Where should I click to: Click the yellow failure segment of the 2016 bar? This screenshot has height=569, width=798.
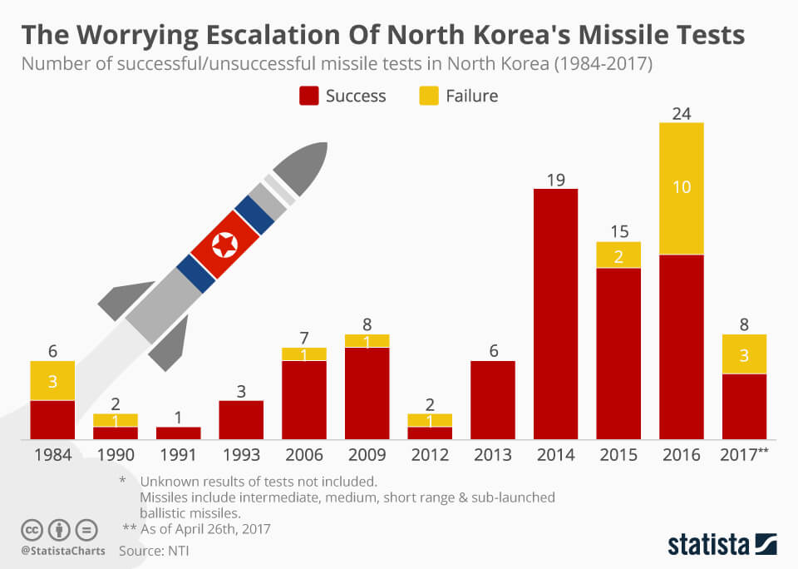pos(682,189)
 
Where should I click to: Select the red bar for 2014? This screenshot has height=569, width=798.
pos(555,314)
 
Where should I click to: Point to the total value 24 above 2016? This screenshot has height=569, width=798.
pos(682,113)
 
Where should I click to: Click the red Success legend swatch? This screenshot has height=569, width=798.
pos(308,96)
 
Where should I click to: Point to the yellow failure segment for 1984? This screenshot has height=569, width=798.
pos(52,380)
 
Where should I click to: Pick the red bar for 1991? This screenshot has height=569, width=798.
pos(179,433)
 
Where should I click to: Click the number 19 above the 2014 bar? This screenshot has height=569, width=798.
pos(555,179)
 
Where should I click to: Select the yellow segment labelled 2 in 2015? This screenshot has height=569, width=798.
pos(618,255)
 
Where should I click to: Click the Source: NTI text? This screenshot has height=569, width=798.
pos(155,550)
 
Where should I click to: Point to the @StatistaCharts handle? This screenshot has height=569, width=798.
pos(57,550)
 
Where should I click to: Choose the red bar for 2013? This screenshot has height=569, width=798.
pos(493,400)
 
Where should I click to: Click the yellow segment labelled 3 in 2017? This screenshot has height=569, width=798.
pos(744,354)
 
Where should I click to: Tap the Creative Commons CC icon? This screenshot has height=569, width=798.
pos(32,529)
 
